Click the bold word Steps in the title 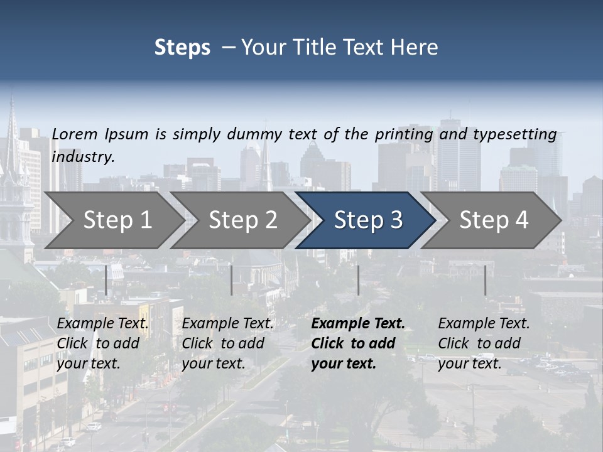click(x=182, y=48)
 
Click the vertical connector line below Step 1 click(x=106, y=280)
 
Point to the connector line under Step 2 click(x=232, y=280)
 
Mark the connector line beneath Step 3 click(x=359, y=280)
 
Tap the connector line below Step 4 click(x=485, y=280)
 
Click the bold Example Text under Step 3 click(x=358, y=324)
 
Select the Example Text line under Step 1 click(x=103, y=324)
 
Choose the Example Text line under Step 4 click(x=484, y=324)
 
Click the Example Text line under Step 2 click(x=228, y=324)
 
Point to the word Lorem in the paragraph click(x=74, y=134)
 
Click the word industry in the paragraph click(x=83, y=157)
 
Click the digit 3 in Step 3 click(x=395, y=220)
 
